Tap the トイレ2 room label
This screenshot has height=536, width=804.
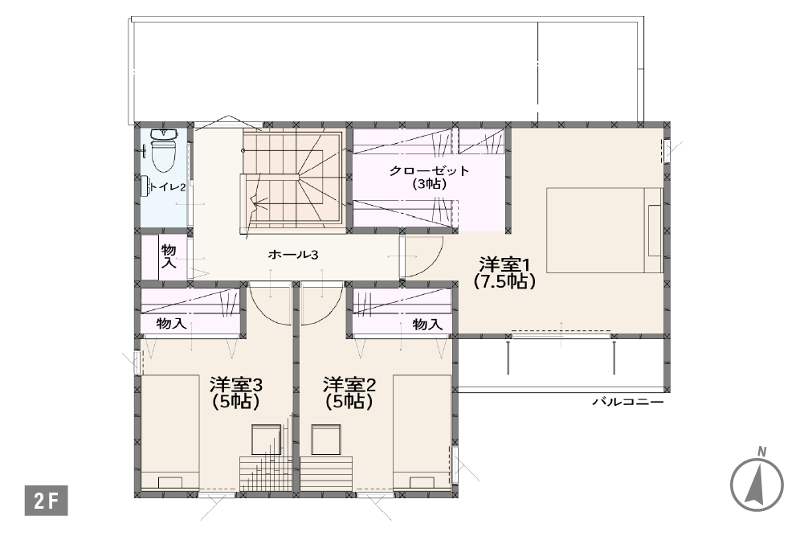tap(166, 188)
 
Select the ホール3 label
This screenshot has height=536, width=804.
tap(293, 255)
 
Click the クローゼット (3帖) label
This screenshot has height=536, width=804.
tap(429, 177)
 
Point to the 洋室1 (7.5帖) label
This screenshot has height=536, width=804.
tap(504, 273)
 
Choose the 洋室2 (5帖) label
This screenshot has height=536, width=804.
tap(349, 393)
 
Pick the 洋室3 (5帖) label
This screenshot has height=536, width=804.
tap(236, 393)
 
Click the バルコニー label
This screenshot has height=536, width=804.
tap(628, 402)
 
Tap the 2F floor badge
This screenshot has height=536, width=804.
tap(46, 500)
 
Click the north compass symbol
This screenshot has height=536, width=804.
tap(757, 482)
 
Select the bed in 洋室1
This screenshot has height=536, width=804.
tap(605, 231)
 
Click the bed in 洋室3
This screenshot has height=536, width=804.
tap(170, 432)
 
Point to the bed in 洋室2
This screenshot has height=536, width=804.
tap(422, 432)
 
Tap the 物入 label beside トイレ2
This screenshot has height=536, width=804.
tap(169, 256)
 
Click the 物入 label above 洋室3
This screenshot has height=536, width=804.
tap(171, 324)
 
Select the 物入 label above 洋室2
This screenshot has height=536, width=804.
tap(427, 324)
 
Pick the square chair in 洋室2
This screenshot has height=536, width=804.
tap(325, 440)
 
